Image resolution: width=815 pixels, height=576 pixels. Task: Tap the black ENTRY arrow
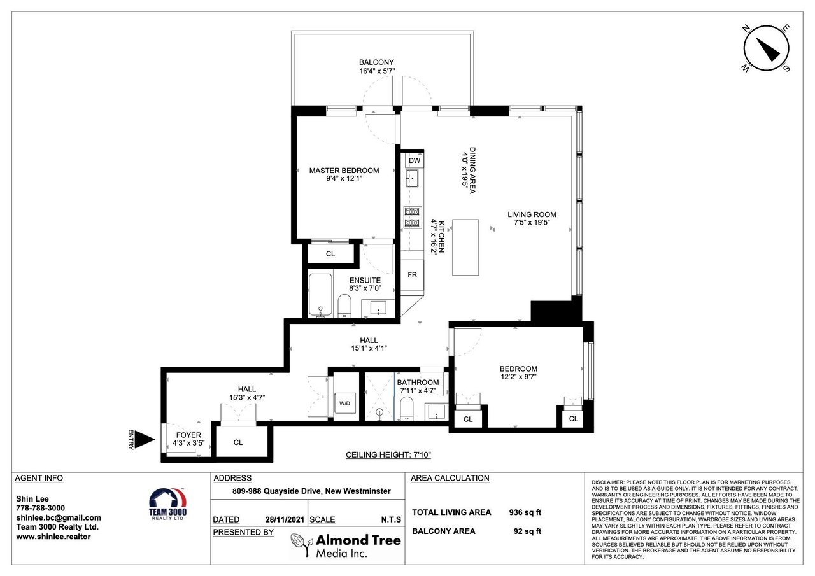(145, 440)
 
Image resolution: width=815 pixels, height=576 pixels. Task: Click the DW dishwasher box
(414, 160)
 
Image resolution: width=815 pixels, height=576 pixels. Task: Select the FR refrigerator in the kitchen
(412, 275)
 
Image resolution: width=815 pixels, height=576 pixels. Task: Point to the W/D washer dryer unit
(344, 404)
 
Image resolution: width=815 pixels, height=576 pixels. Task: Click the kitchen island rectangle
(465, 248)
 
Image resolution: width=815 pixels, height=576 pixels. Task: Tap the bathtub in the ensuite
(320, 295)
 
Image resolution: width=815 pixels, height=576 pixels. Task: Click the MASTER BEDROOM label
(344, 171)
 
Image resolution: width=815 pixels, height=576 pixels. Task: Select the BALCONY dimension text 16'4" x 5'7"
(377, 71)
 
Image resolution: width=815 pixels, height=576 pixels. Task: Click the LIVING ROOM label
(532, 214)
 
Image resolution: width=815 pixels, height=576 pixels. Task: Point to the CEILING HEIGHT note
(388, 454)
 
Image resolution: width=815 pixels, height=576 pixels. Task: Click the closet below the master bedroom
(330, 253)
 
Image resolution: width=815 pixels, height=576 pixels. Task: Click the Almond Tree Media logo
(346, 545)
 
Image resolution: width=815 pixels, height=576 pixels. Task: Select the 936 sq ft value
(525, 512)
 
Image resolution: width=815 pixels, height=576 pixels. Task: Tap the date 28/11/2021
(285, 519)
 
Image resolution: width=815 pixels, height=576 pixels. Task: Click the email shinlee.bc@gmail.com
(59, 518)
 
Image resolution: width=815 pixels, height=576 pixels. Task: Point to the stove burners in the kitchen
(412, 217)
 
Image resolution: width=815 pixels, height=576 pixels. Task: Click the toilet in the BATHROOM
(406, 409)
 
